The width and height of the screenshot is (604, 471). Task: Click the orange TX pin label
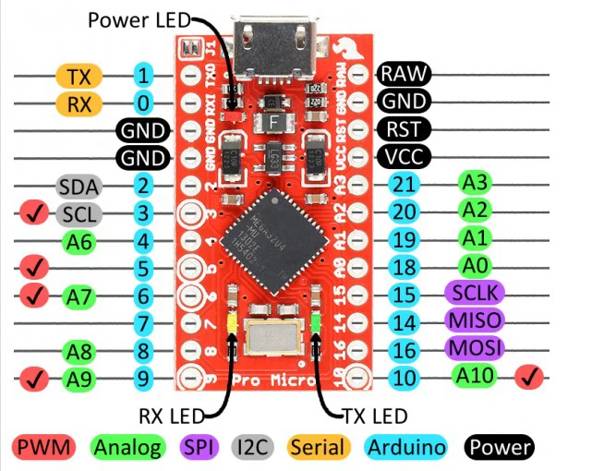[x=79, y=76]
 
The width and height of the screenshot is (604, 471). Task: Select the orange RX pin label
[x=79, y=103]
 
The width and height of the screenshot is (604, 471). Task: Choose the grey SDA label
[x=79, y=187]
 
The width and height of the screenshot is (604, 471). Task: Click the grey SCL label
[x=79, y=215]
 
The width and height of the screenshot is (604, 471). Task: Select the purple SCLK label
[x=475, y=294]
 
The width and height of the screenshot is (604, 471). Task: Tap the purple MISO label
[x=475, y=321]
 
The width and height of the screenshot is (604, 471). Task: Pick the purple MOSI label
[x=475, y=349]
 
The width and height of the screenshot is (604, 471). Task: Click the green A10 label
[x=475, y=376]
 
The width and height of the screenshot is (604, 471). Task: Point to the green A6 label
[x=79, y=243]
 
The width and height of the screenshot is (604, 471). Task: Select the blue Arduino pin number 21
[x=403, y=184]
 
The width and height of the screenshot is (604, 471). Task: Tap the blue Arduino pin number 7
[x=142, y=323]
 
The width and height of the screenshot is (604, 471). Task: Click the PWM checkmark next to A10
[x=533, y=377]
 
